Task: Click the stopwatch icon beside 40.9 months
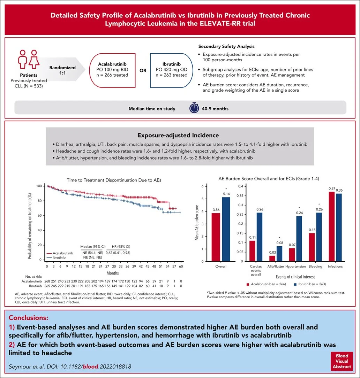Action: (194, 108)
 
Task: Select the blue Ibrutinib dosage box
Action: (171, 70)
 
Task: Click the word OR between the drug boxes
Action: (143, 70)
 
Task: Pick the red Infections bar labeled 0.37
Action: (331, 226)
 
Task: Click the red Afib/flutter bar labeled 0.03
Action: (272, 258)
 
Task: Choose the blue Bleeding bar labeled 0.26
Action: (318, 237)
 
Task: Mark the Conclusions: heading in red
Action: (28, 318)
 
